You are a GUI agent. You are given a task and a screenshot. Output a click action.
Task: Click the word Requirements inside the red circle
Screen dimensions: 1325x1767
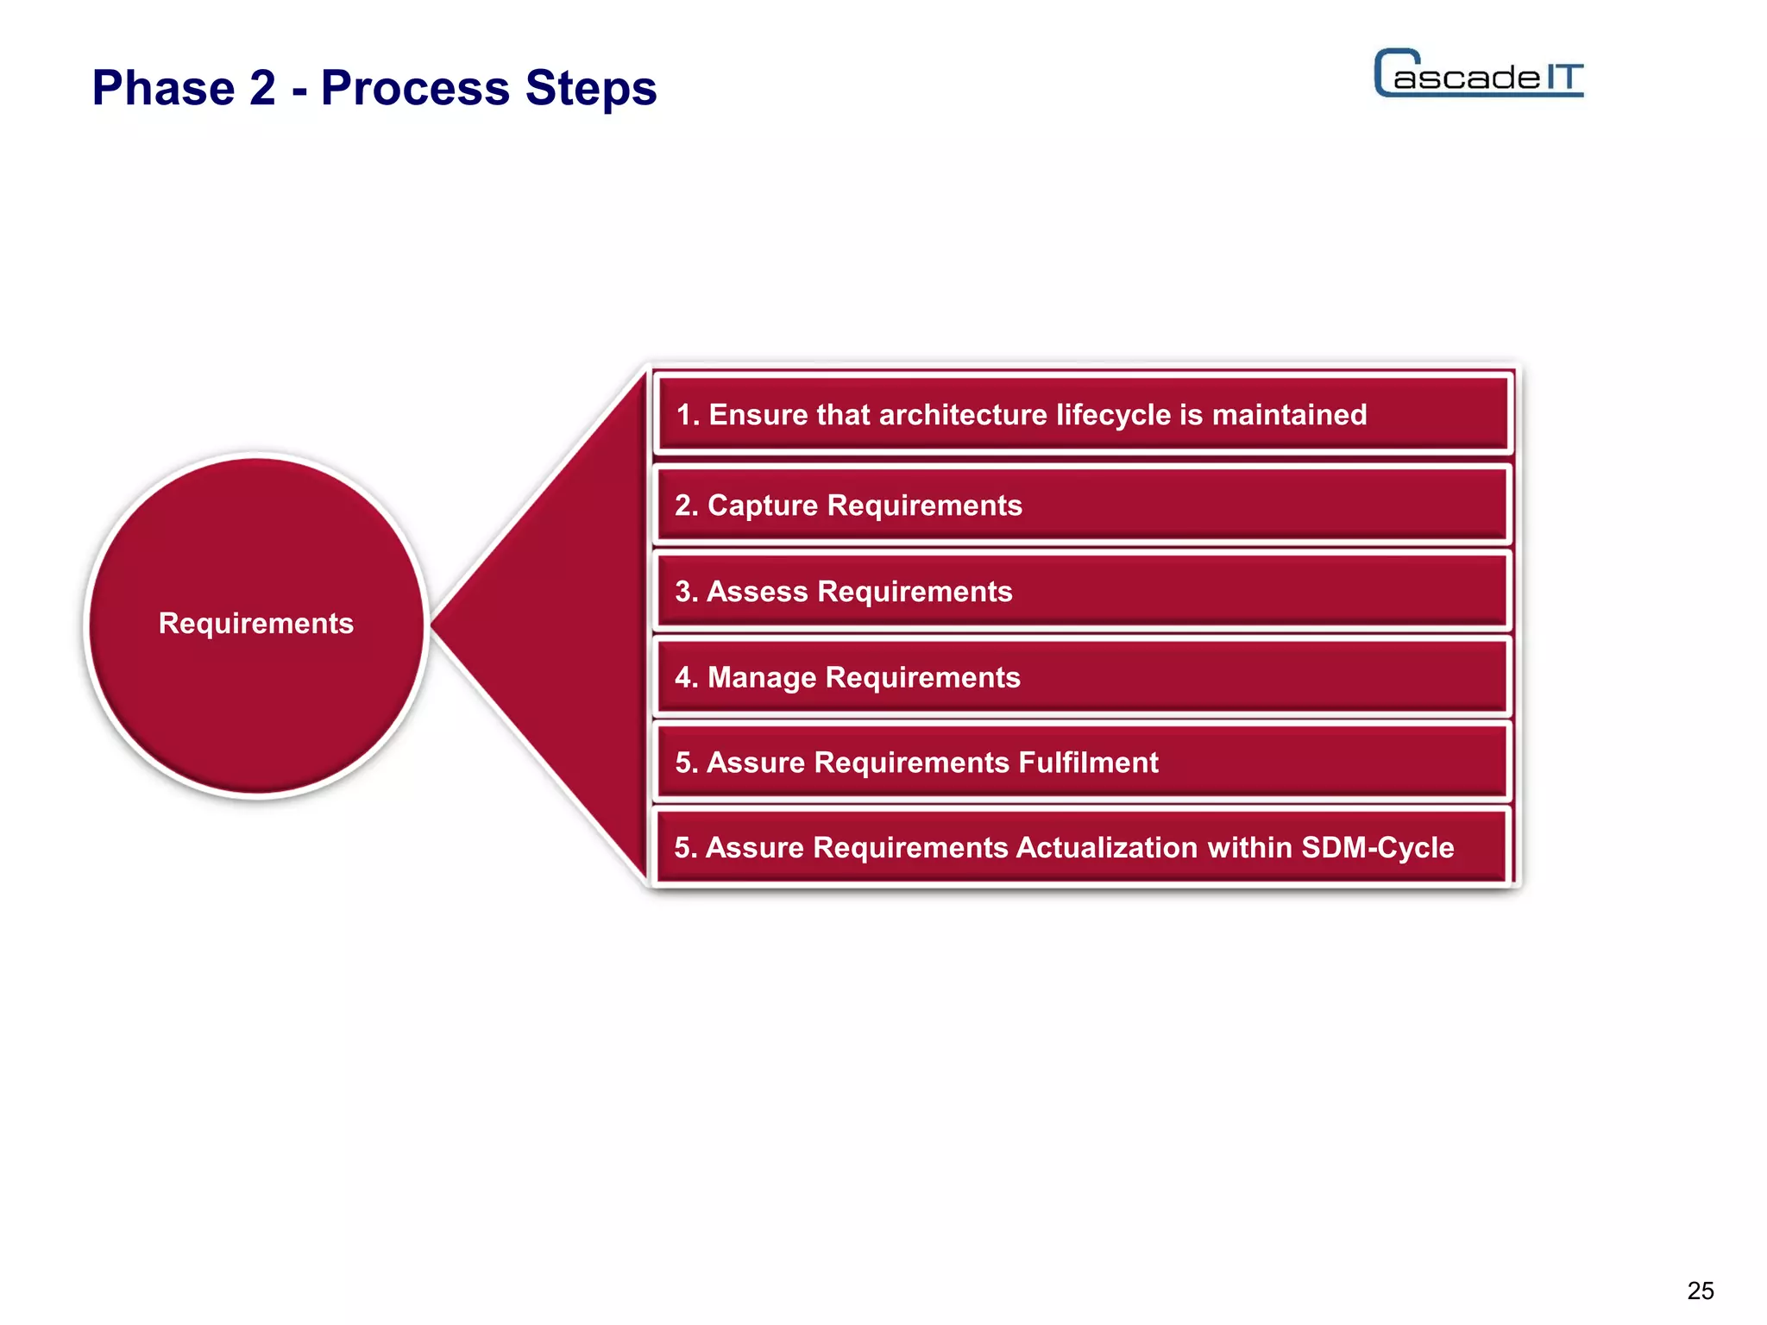(x=255, y=623)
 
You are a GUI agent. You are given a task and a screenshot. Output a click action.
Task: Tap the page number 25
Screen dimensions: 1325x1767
(x=1700, y=1290)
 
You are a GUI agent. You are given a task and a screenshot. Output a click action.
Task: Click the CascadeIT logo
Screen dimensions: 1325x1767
(x=1478, y=74)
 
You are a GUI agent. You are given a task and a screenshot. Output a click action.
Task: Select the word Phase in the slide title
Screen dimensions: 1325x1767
(x=163, y=88)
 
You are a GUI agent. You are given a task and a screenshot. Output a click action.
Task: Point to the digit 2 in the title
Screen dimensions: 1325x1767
(x=262, y=88)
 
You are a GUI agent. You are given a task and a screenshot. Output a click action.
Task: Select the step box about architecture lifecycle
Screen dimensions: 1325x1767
(x=1082, y=415)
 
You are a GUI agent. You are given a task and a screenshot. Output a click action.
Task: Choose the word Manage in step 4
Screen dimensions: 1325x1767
(x=761, y=678)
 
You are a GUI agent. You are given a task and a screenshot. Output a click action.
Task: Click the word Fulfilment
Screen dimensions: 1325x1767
(x=1088, y=763)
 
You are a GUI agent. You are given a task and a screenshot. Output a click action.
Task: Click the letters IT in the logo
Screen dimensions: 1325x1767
(x=1563, y=78)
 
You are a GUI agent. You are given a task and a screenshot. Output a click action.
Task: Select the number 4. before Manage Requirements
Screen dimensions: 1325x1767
(x=686, y=678)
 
